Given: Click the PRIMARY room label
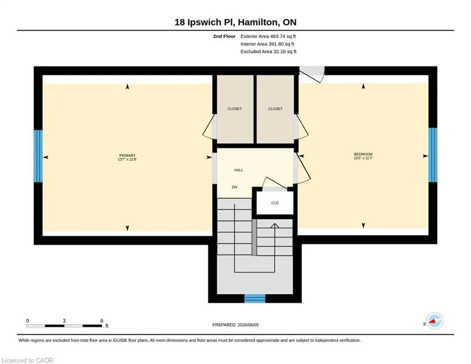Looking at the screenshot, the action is [127, 155].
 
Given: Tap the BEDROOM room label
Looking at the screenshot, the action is [363, 154].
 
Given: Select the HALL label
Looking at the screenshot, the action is [239, 170].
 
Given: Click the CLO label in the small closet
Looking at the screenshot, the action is [275, 203].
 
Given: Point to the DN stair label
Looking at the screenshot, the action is [234, 187].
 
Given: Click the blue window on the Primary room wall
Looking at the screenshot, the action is [38, 156].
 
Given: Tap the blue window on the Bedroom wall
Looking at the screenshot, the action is [433, 155].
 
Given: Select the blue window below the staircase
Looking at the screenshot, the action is [255, 299].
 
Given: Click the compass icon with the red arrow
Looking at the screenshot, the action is [435, 321].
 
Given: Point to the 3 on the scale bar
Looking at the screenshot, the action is [64, 321].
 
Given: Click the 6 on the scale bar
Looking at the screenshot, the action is [102, 321].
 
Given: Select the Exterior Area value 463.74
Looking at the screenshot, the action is [277, 36].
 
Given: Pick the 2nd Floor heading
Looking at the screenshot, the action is [224, 36].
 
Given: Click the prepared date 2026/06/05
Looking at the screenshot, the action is [248, 325].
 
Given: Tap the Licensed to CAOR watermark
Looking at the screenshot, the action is [27, 360].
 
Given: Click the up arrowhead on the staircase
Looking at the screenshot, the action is [275, 226].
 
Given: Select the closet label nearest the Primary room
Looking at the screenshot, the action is [235, 109].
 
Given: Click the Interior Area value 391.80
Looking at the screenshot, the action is [276, 44].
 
